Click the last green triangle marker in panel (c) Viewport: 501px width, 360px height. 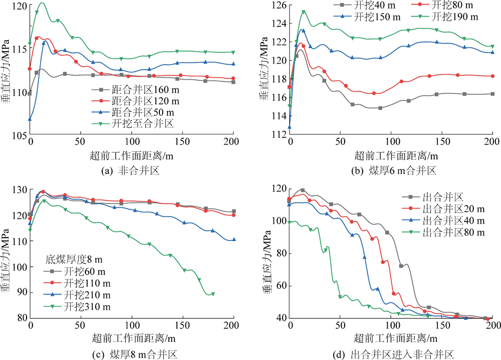point(213,294)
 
